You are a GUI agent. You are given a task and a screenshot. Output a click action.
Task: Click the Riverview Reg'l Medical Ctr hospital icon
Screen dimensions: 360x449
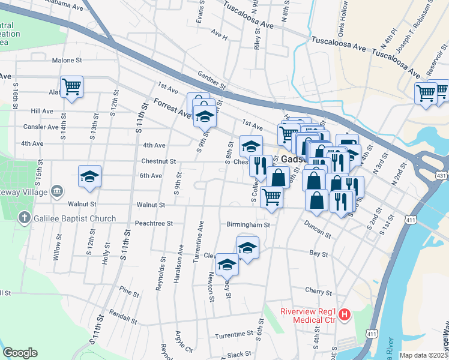344,314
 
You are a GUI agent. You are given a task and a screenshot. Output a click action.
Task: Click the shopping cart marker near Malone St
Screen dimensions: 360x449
71,86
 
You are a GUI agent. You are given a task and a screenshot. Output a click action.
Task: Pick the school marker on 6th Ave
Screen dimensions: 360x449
89,177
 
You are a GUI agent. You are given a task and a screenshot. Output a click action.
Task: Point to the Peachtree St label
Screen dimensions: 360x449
154,223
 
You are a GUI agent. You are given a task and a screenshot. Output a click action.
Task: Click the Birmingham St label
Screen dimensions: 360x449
249,225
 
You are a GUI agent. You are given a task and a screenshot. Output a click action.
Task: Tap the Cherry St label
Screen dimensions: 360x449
318,292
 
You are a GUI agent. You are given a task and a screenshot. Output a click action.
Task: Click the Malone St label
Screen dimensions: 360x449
67,61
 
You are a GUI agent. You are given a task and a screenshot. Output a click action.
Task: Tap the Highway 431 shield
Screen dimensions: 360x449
441,175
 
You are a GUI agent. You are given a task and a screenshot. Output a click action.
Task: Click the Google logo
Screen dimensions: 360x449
20,353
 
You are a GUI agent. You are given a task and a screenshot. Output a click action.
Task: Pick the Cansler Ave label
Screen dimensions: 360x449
37,127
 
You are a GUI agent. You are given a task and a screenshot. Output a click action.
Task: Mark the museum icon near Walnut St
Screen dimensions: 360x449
57,191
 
